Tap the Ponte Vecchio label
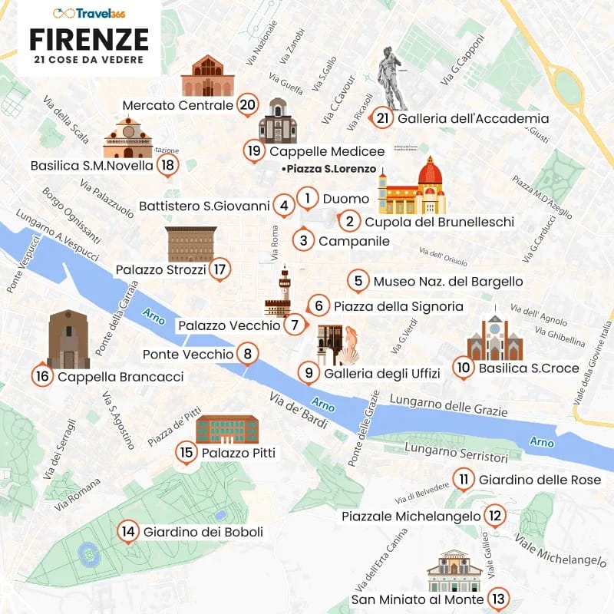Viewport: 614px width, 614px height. click(x=187, y=355)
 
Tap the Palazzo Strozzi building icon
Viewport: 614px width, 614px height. click(x=191, y=244)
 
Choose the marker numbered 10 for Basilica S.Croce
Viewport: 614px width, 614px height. click(x=462, y=368)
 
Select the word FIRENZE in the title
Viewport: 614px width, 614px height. click(x=89, y=38)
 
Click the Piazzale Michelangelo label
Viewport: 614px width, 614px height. click(x=411, y=517)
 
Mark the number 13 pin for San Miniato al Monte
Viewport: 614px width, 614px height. click(x=499, y=599)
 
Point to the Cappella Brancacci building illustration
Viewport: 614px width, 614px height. click(x=68, y=339)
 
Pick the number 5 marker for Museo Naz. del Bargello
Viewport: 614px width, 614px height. click(x=358, y=281)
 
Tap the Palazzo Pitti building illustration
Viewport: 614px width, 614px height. click(x=227, y=429)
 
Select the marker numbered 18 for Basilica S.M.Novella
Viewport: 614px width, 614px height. click(x=168, y=164)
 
